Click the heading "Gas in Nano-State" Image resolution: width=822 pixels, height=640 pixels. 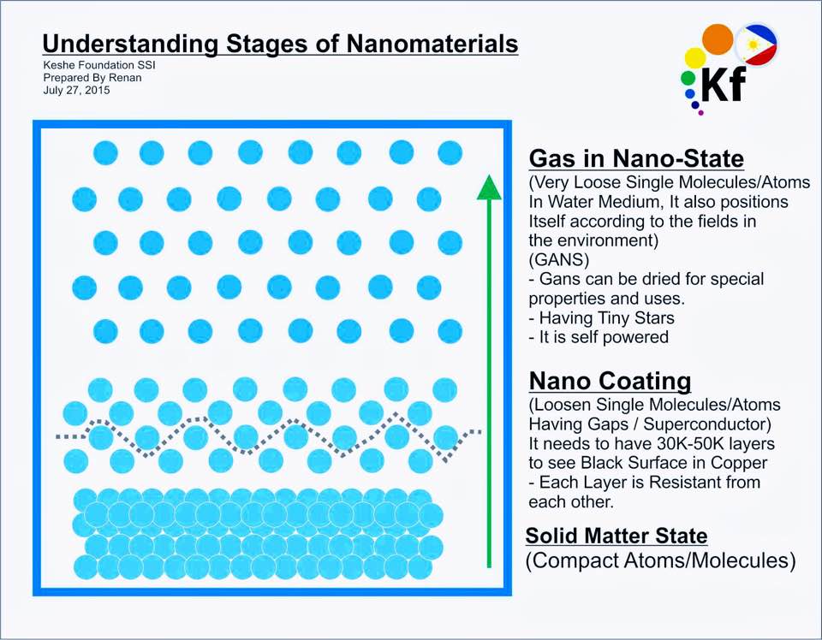pyautogui.click(x=636, y=158)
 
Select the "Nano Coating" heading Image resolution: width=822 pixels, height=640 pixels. pyautogui.click(x=611, y=381)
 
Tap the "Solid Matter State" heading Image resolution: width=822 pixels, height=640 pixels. pyautogui.click(x=616, y=536)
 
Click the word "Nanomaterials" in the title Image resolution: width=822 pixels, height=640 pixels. pyautogui.click(x=432, y=44)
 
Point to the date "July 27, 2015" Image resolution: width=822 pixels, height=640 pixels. pyautogui.click(x=76, y=90)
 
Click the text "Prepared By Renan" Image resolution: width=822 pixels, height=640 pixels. pyautogui.click(x=92, y=78)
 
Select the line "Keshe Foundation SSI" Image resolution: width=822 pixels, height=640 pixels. pyautogui.click(x=99, y=65)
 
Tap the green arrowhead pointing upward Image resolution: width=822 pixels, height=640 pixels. pyautogui.click(x=489, y=187)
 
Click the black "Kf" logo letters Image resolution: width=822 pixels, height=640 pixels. pyautogui.click(x=724, y=85)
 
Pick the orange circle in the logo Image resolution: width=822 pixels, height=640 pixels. pyautogui.click(x=718, y=39)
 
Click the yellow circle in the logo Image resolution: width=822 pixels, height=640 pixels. pyautogui.click(x=695, y=58)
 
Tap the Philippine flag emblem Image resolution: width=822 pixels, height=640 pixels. pyautogui.click(x=756, y=44)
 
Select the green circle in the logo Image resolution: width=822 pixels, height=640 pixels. pyautogui.click(x=688, y=79)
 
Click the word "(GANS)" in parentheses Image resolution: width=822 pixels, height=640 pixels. pyautogui.click(x=559, y=260)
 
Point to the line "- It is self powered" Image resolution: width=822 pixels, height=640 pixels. pyautogui.click(x=599, y=337)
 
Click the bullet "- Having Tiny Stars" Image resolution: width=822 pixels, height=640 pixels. pyautogui.click(x=601, y=317)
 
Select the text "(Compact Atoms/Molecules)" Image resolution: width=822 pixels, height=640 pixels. pyautogui.click(x=660, y=560)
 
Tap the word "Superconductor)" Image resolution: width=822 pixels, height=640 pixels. pyautogui.click(x=707, y=424)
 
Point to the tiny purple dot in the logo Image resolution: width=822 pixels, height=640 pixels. pyautogui.click(x=701, y=112)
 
